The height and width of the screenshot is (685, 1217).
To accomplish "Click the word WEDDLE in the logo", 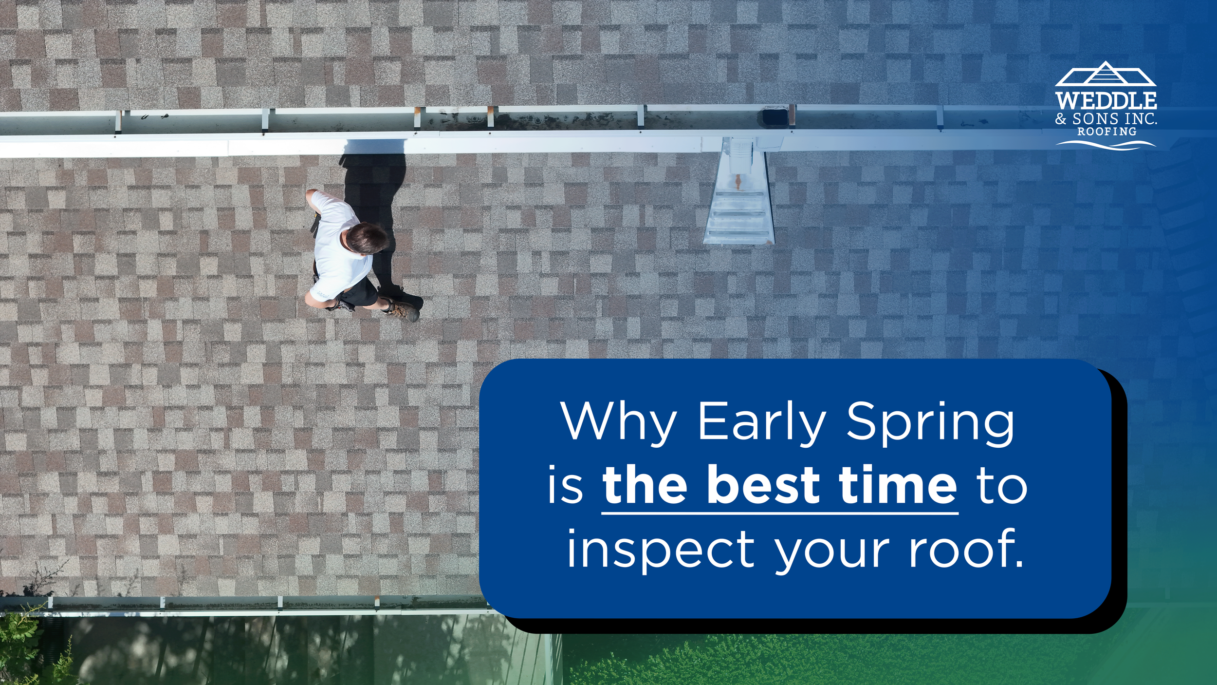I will [1106, 101].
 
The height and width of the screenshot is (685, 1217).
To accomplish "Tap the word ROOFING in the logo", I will [1107, 132].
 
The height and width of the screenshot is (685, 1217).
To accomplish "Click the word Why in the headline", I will [618, 422].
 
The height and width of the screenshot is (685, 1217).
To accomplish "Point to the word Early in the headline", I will [762, 421].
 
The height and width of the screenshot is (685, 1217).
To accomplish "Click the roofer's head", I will [367, 238].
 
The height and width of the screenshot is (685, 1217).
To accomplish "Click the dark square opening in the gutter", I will [774, 117].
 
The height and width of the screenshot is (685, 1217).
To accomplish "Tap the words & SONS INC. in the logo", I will [1106, 118].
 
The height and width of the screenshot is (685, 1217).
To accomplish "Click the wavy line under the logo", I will [1106, 144].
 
